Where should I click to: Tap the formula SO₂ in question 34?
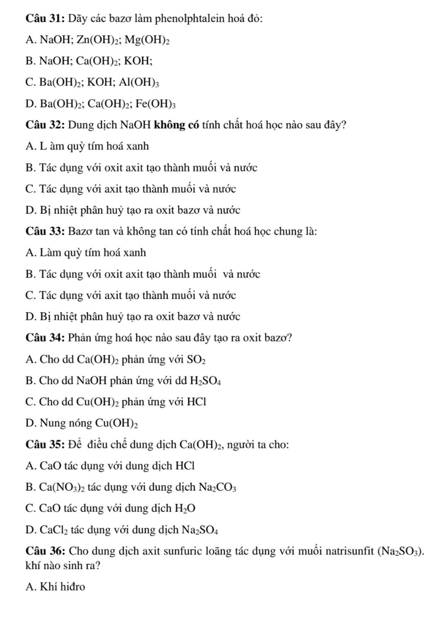[x=197, y=360]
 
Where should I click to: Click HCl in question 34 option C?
[x=196, y=402]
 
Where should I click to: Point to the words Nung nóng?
[x=66, y=423]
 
